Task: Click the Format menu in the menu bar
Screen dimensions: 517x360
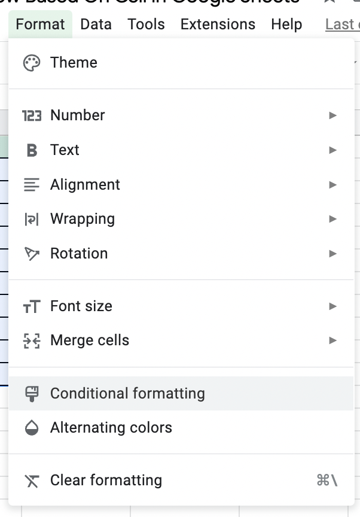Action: click(40, 25)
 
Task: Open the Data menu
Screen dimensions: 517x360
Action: click(96, 25)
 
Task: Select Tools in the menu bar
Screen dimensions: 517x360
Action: click(146, 25)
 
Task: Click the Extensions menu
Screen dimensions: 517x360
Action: click(218, 25)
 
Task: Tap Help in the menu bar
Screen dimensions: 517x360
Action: click(286, 25)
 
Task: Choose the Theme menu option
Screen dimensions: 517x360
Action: click(74, 63)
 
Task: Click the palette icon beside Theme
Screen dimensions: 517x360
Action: click(31, 63)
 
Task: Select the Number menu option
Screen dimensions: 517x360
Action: click(78, 115)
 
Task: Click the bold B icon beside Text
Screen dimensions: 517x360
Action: click(32, 150)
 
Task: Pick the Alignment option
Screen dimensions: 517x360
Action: click(85, 185)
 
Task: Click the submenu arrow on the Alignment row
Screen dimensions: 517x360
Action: click(333, 185)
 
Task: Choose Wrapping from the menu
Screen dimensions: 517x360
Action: click(83, 219)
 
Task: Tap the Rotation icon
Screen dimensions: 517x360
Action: click(31, 254)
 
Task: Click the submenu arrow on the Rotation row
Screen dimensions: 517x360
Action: click(333, 254)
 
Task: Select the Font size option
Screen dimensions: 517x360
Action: click(81, 306)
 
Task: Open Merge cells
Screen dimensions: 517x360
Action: click(90, 340)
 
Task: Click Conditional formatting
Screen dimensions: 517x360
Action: click(127, 394)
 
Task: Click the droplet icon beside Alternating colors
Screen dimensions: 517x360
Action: click(31, 428)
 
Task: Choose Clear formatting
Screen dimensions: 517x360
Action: click(106, 480)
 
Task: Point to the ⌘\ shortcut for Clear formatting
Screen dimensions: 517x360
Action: click(327, 480)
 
